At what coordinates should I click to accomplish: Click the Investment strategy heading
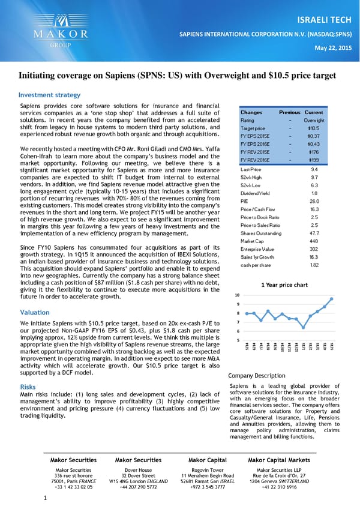[x=49, y=95]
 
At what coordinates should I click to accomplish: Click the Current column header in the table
[x=314, y=112]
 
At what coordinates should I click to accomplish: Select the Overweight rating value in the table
[x=313, y=120]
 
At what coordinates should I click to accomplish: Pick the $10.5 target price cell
[x=313, y=128]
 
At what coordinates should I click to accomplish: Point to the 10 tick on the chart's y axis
[x=237, y=295]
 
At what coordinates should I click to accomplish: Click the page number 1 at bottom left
[x=45, y=498]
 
